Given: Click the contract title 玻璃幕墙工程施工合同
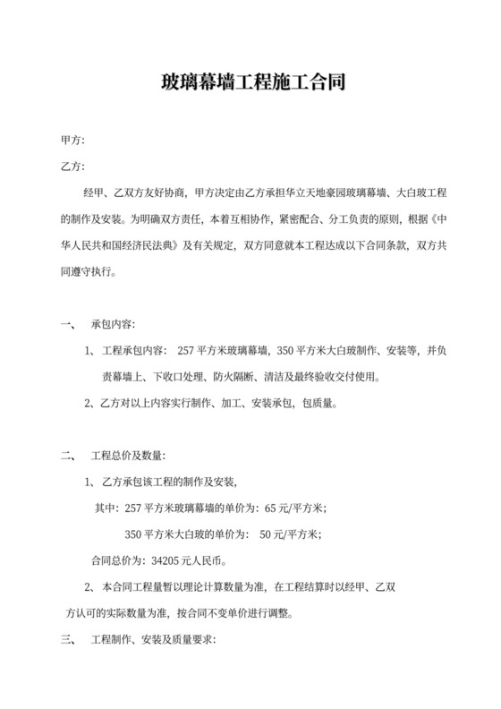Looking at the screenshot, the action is (250, 84).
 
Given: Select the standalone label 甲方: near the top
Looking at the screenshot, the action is (72, 141).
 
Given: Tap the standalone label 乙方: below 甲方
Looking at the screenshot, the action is (72, 167).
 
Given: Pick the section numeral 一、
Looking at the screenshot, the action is (66, 323).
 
